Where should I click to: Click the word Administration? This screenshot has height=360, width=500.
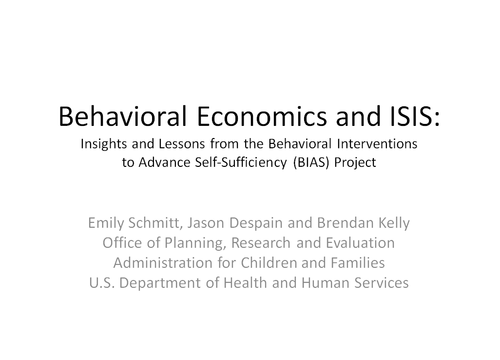pos(162,263)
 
